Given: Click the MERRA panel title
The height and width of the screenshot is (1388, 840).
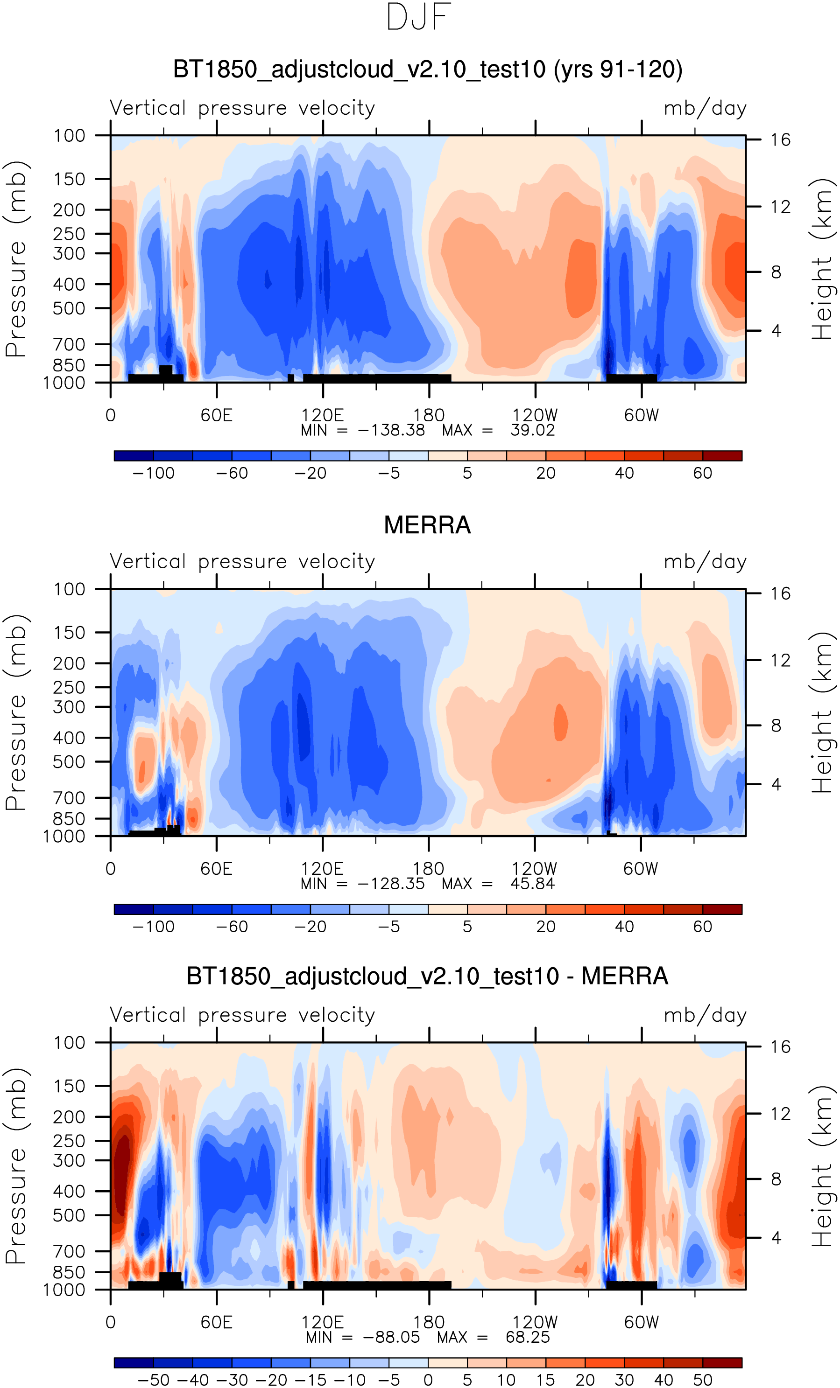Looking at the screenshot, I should click(x=427, y=525).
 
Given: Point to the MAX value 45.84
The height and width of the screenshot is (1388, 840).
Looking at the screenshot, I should click(x=532, y=884).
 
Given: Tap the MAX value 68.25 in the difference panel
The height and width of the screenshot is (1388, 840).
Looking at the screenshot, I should click(x=527, y=1337).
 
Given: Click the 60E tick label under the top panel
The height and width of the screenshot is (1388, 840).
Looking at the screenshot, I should click(x=217, y=416).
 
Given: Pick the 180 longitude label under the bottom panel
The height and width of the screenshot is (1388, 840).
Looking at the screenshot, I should click(x=429, y=1322).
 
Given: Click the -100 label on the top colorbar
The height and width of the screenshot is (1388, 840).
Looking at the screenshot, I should click(x=153, y=473).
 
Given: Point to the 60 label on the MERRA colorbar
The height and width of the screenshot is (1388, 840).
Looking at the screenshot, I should click(x=702, y=927).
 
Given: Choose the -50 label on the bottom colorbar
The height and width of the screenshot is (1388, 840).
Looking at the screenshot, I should click(x=153, y=1380).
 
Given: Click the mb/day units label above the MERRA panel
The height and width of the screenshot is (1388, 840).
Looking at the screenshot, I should click(x=705, y=562).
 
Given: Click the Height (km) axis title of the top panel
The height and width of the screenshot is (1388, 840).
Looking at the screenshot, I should click(x=822, y=259).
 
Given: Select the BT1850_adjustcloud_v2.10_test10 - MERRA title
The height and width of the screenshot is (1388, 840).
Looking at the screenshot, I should click(x=427, y=976).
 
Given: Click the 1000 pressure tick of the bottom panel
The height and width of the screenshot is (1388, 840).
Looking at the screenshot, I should click(x=64, y=1290).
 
